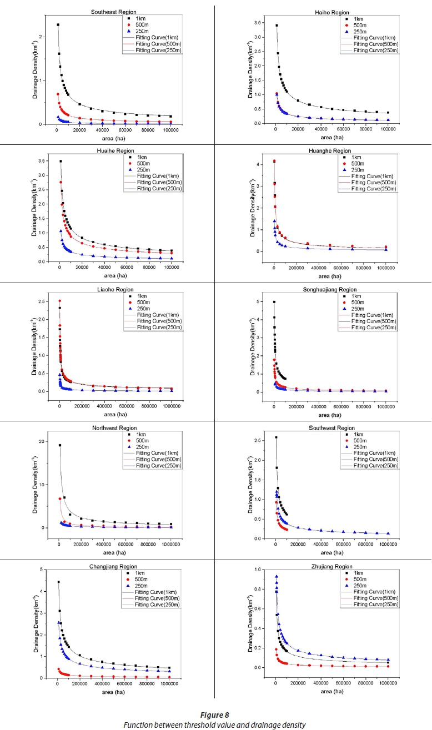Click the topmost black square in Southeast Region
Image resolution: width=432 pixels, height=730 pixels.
coord(58,25)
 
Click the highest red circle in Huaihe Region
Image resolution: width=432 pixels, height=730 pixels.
coord(60,182)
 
